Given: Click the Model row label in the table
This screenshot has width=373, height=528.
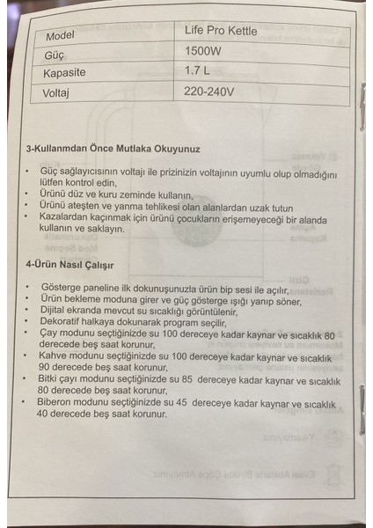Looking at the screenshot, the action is [x=59, y=38].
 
